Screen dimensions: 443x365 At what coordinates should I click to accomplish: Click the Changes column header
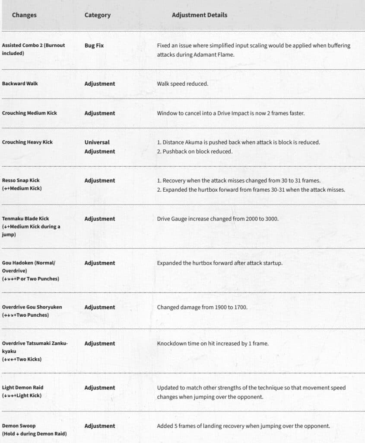point(24,15)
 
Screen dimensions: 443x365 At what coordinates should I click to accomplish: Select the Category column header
point(97,15)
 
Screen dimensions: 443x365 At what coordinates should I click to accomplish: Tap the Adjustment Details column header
point(199,15)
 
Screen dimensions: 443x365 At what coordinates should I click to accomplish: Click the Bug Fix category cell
point(94,45)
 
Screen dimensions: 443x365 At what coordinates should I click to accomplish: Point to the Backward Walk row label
point(20,83)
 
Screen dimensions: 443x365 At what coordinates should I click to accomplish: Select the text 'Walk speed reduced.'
point(182,83)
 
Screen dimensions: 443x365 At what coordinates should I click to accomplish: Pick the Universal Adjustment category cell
point(99,147)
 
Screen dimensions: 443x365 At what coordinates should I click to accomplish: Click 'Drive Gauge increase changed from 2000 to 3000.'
point(218,219)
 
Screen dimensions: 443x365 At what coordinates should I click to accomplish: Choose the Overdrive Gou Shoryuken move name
point(32,307)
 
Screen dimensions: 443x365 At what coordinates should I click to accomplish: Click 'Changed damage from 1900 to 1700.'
point(202,307)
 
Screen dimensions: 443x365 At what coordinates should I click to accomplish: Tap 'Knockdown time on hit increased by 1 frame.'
point(213,343)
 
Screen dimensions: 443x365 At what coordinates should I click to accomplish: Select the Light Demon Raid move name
point(22,388)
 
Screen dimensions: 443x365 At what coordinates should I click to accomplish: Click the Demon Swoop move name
point(19,426)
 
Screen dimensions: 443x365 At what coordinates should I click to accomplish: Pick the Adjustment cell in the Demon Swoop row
point(99,426)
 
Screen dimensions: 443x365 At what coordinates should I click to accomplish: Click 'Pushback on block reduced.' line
point(197,151)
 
